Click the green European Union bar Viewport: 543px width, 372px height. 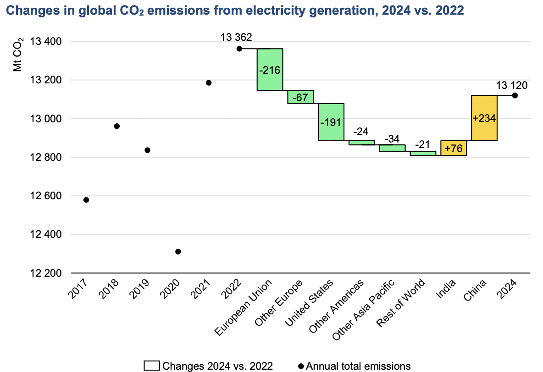click(x=270, y=70)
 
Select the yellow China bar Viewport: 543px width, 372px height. click(x=484, y=118)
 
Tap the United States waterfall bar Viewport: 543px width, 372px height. click(x=331, y=122)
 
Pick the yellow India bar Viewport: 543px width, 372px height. click(x=454, y=148)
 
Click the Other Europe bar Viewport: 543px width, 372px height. click(x=300, y=97)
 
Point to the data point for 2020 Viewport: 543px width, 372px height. click(x=178, y=252)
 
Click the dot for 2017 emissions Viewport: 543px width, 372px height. click(x=86, y=200)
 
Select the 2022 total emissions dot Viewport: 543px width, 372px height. click(x=239, y=49)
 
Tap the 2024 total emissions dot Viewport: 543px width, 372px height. click(x=515, y=95)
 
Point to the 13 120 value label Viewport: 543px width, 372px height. click(x=511, y=85)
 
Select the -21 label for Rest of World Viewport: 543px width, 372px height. click(x=423, y=144)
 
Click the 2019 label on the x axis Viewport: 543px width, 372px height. click(x=141, y=288)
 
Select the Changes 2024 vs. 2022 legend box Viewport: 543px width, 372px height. click(x=152, y=366)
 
